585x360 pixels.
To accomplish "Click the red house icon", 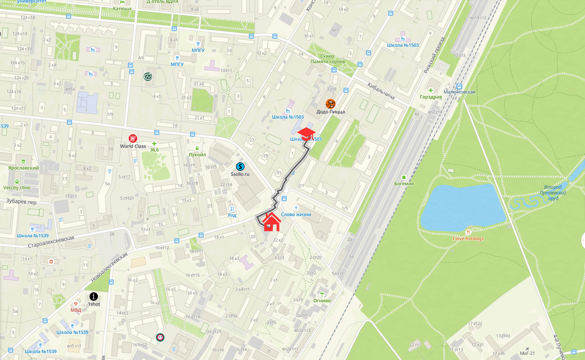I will click(x=272, y=222).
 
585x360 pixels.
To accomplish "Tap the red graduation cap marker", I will click(x=306, y=133).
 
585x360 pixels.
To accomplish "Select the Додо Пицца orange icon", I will click(x=331, y=104).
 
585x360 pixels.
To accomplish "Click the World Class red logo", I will click(x=133, y=138).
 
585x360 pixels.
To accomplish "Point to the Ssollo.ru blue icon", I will click(x=240, y=167).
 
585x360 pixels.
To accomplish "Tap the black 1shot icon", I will click(x=94, y=296).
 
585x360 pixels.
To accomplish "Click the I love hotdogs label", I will click(x=468, y=239).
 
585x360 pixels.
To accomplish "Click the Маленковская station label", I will click(x=459, y=92).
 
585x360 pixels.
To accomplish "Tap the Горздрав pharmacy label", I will click(x=430, y=97).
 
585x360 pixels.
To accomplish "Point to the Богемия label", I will click(x=404, y=184).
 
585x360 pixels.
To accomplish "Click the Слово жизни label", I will click(x=296, y=214).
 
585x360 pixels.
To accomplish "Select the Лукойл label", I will click(x=197, y=154).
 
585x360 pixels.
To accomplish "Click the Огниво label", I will click(x=322, y=301).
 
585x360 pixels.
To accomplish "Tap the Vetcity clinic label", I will click(x=17, y=188).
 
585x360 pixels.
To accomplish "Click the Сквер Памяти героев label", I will click(x=328, y=58).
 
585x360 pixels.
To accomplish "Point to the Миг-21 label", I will click(x=527, y=353).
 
